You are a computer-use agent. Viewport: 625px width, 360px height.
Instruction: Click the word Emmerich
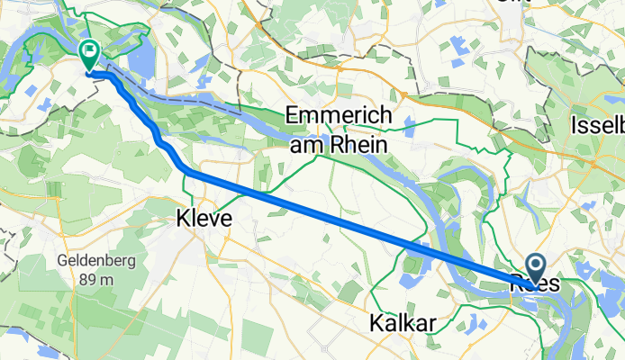(x=338, y=117)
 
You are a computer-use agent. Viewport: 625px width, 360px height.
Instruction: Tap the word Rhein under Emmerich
(x=359, y=144)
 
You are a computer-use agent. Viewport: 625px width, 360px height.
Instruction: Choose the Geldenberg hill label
(x=80, y=262)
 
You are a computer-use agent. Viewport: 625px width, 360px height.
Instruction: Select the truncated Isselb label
(x=597, y=128)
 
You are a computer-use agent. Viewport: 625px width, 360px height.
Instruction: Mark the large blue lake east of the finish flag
(x=141, y=61)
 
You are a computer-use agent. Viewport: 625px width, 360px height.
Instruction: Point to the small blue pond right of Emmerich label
(x=409, y=122)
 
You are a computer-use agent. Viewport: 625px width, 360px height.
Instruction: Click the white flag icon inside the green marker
(x=90, y=50)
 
